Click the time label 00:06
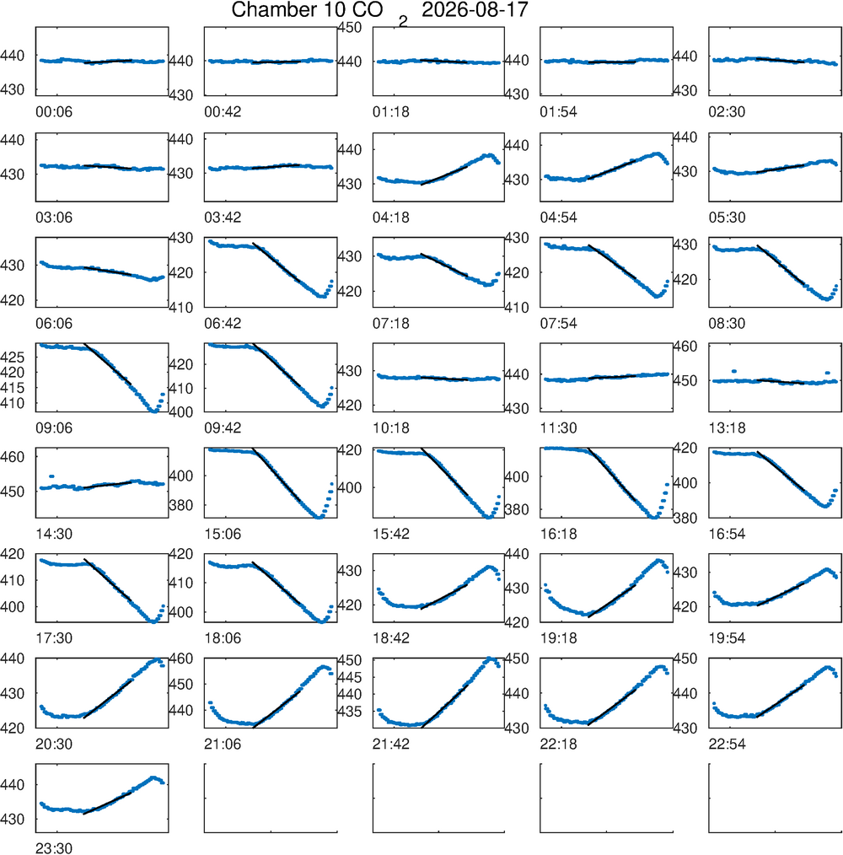click(54, 112)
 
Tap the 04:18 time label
click(391, 218)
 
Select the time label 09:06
click(54, 428)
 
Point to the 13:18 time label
click(727, 428)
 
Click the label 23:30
click(54, 848)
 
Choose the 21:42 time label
click(391, 744)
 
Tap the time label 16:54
click(727, 534)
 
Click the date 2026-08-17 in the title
click(475, 10)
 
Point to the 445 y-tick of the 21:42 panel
click(350, 677)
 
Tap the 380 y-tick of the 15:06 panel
click(181, 505)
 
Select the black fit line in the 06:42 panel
click(276, 261)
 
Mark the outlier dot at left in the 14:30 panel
click(51, 476)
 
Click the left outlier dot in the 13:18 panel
click(734, 371)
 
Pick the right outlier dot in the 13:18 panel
click(828, 373)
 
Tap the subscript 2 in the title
click(403, 22)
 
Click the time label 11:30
click(558, 428)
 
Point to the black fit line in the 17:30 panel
click(107, 579)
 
